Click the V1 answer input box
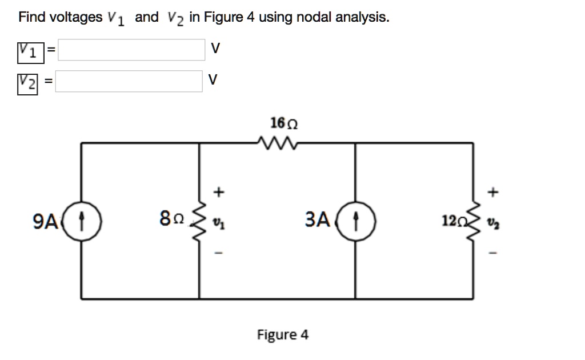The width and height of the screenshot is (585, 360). click(131, 50)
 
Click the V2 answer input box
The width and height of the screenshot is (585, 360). click(129, 81)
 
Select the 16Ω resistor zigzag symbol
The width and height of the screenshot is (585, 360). click(277, 141)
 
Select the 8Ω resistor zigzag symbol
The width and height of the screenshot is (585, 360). click(199, 220)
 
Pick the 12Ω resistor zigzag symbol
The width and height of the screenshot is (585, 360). click(473, 220)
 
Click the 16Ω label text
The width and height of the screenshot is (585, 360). click(284, 123)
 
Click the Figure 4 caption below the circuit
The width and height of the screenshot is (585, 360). click(283, 334)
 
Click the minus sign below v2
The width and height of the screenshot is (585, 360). click(494, 252)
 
